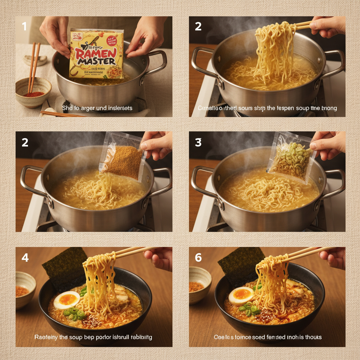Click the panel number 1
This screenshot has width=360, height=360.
(x=24, y=26)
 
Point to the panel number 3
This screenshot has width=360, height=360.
(x=198, y=142)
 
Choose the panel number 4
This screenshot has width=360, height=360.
(x=25, y=257)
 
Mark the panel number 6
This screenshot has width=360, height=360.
(x=198, y=257)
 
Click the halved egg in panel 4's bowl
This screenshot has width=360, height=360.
(x=67, y=300)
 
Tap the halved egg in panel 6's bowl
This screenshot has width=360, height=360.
(x=241, y=296)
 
